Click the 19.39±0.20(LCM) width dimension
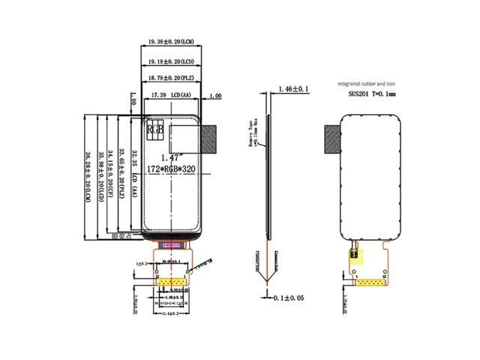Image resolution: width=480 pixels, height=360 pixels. (x=172, y=40)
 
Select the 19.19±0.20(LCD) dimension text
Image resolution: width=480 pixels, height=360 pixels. (x=172, y=59)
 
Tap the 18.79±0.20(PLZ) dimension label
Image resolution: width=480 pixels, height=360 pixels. (x=172, y=78)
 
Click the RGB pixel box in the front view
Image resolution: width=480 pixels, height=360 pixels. (x=154, y=129)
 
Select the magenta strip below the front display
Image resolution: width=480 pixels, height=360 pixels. (x=170, y=244)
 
